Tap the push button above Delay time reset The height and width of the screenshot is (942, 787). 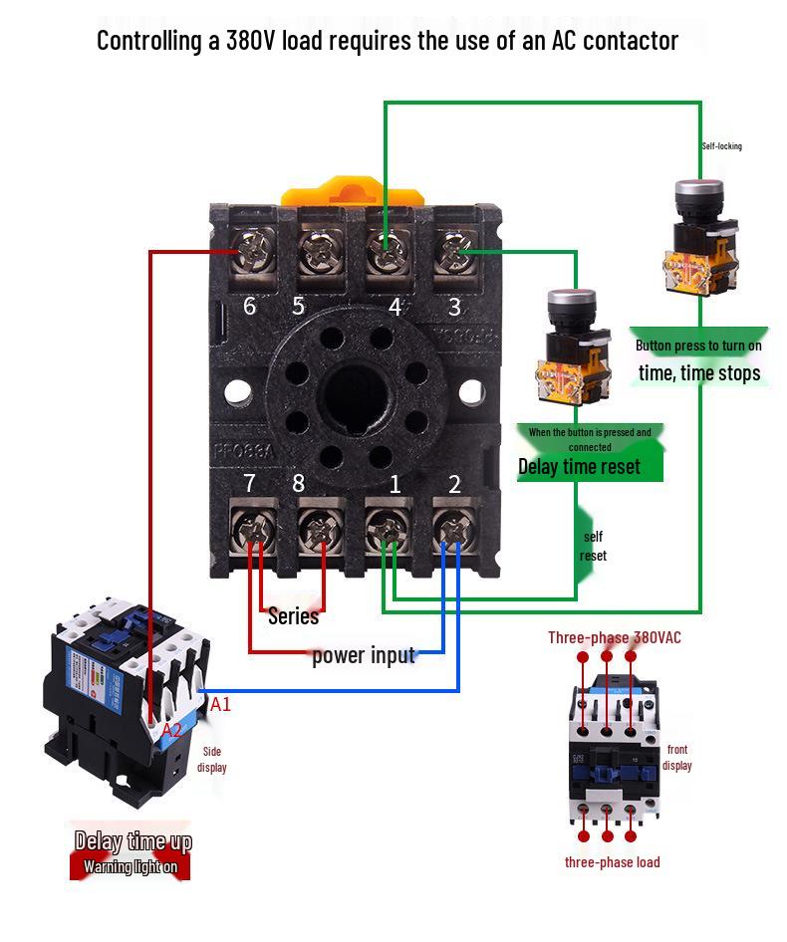tap(571, 344)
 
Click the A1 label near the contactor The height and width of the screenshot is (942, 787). tap(220, 704)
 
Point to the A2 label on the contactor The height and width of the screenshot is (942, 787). tap(172, 730)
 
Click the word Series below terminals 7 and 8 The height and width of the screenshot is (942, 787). tap(293, 616)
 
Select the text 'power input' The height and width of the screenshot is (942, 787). tap(363, 655)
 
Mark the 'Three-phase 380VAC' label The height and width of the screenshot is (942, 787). tap(614, 637)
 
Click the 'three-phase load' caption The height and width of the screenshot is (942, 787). tap(612, 862)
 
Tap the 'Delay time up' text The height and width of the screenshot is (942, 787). tap(132, 842)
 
